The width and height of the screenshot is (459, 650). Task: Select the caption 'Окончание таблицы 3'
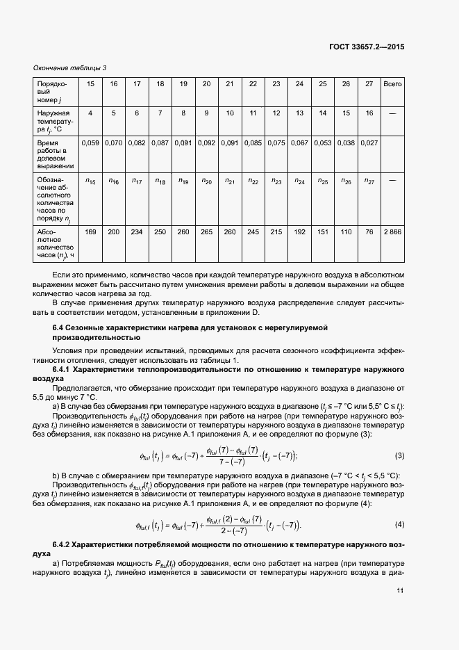point(70,67)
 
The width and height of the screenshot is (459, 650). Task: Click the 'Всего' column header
point(392,84)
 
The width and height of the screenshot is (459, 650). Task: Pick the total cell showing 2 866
point(392,231)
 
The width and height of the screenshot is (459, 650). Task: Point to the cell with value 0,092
point(206,143)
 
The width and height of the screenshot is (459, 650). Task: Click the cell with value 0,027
point(369,143)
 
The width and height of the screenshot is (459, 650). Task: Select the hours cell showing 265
point(206,231)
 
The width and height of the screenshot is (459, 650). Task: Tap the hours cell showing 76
point(369,231)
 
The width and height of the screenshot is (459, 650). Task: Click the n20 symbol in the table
point(206,181)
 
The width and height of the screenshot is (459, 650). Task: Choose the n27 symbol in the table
point(369,181)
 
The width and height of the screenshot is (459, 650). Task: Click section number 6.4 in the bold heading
point(60,327)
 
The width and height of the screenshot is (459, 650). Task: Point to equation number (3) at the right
point(399,456)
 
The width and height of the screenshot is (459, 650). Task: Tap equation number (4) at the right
point(399,523)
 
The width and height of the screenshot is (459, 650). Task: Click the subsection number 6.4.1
point(62,370)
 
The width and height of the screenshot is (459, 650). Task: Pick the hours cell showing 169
point(90,231)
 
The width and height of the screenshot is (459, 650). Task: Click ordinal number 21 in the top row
point(229,84)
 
